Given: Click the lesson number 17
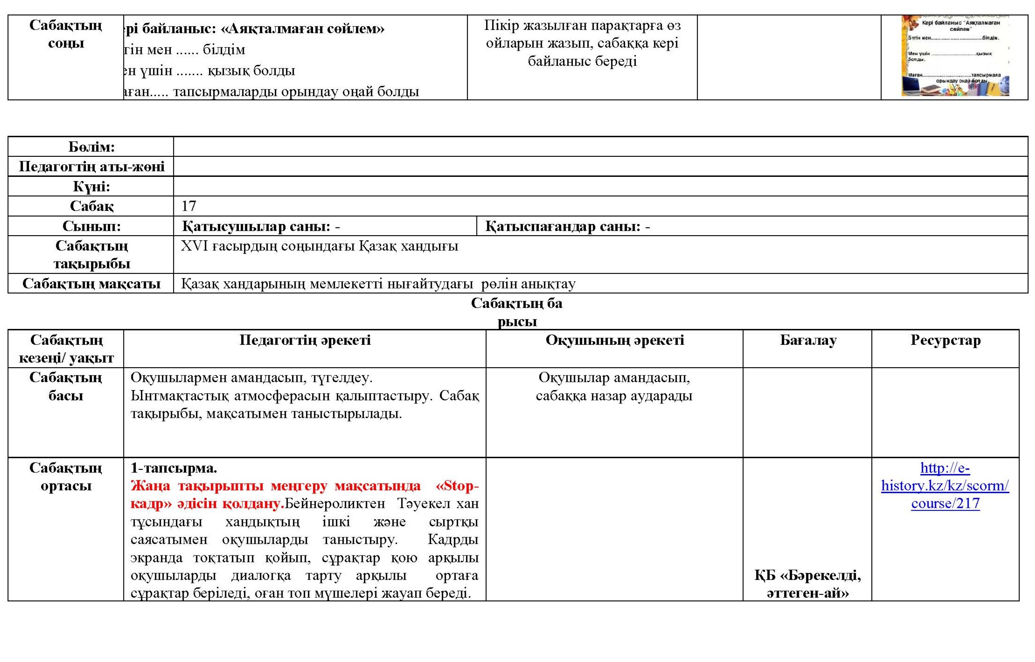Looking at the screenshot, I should point(189,206).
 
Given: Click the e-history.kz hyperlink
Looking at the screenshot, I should point(945,486).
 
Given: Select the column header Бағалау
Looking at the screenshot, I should point(808,341).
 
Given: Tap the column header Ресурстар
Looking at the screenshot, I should point(945,341).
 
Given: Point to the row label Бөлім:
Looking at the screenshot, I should point(91,147).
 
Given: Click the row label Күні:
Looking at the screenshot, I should point(91,187).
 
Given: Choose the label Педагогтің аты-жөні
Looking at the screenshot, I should point(91,167).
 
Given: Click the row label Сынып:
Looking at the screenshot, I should point(91,226).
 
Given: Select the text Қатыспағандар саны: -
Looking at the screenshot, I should point(567,226).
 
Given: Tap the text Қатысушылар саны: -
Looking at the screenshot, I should point(261,226).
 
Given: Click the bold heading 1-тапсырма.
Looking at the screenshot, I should point(174,468).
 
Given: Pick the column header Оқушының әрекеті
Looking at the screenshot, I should point(614,341).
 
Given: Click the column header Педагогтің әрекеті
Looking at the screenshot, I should point(305,341).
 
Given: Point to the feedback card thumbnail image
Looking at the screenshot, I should point(955,56).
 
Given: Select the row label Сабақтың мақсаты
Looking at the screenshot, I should point(91,284).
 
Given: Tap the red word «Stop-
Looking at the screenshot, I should point(457,486).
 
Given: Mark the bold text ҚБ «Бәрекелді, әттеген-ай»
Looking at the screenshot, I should point(807,584).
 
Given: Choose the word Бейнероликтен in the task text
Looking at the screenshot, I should point(335,504).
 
